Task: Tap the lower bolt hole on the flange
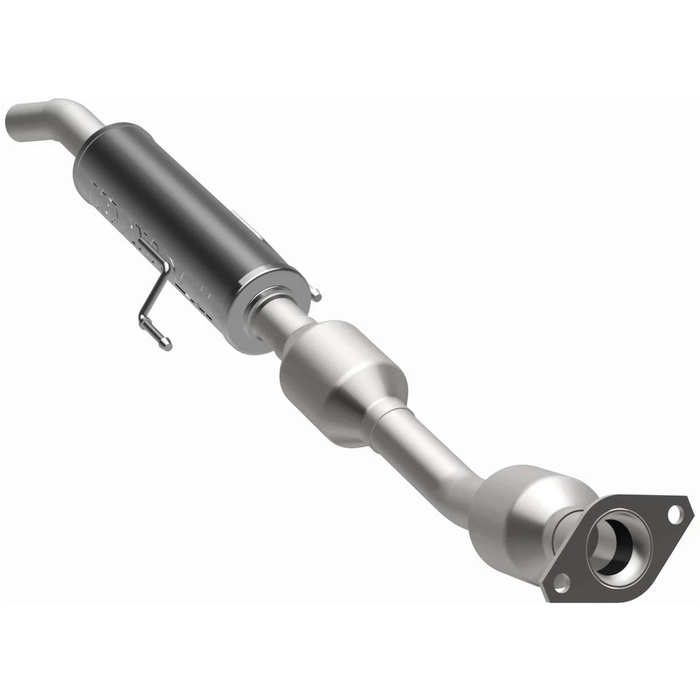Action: click(561, 581)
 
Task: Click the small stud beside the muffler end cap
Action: click(315, 295)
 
